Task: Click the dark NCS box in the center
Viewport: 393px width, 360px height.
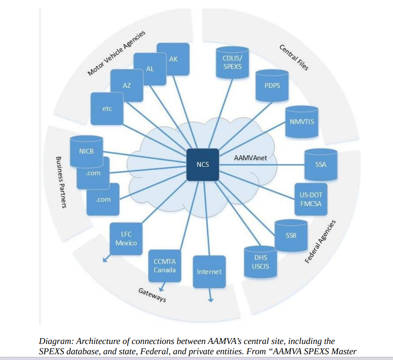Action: pos(203,165)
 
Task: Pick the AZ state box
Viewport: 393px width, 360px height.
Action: pos(126,85)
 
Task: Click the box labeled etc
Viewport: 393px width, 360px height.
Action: pos(107,109)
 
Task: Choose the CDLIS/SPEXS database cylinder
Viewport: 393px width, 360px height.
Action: pos(232,62)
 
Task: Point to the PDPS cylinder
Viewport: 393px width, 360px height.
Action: pos(272,86)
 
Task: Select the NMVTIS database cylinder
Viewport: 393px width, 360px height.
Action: pos(302,122)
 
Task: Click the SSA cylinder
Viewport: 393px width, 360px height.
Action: pos(321,165)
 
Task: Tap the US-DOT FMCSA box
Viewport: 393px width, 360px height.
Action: pos(311,199)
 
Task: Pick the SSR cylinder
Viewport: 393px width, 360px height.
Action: pos(291,236)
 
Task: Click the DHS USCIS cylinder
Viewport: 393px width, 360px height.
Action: pos(261,262)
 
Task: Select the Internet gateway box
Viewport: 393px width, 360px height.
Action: pos(209,272)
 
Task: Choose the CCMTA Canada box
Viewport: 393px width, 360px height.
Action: pos(165,266)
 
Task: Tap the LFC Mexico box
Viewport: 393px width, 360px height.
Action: pos(126,239)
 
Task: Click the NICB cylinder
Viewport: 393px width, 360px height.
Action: pos(87,151)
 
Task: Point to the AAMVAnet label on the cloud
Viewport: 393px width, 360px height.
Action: pos(251,158)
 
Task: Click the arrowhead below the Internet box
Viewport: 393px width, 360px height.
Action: pos(211,300)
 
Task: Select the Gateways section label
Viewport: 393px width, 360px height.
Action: pos(152,295)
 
